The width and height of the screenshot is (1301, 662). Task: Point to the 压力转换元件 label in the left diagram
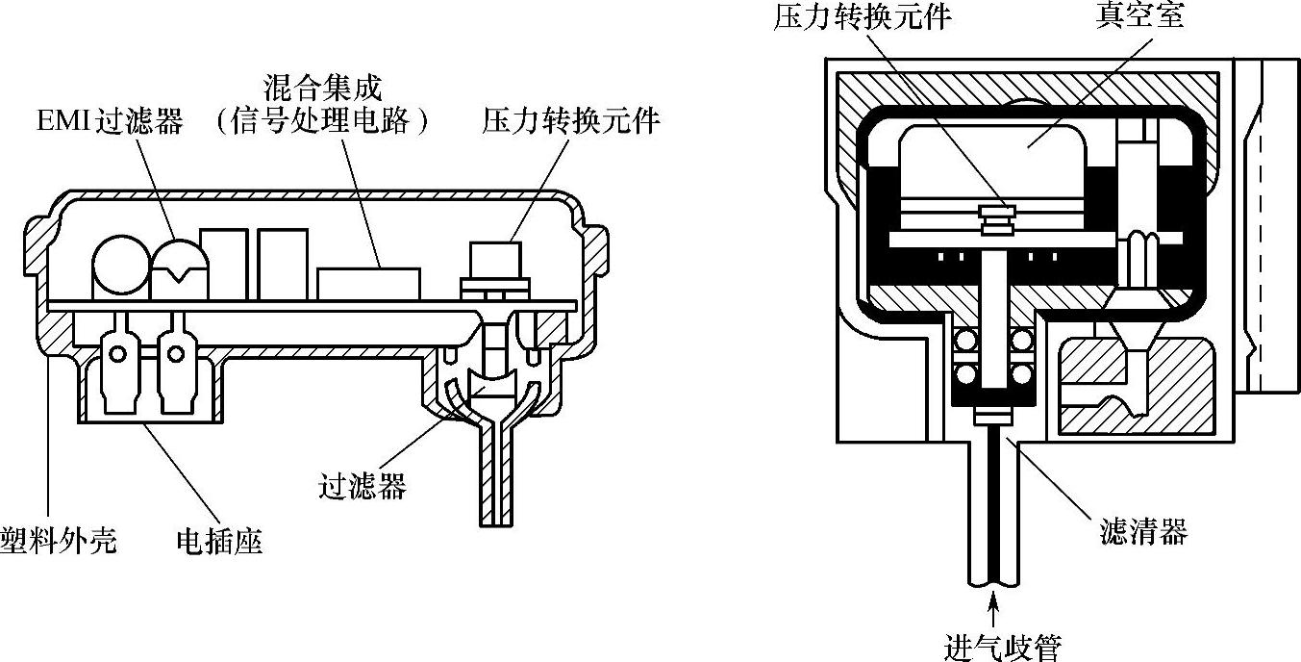click(x=571, y=122)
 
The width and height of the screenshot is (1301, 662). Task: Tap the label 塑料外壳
click(x=58, y=541)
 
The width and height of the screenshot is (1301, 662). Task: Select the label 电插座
click(x=219, y=541)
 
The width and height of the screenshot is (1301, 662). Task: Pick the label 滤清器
click(x=1143, y=530)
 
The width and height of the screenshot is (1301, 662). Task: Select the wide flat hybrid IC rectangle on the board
click(x=369, y=283)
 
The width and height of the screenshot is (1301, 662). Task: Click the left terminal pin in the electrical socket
click(x=118, y=354)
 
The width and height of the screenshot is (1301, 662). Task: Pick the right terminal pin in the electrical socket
click(x=175, y=354)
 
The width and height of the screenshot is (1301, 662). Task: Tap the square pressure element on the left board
click(x=495, y=260)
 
